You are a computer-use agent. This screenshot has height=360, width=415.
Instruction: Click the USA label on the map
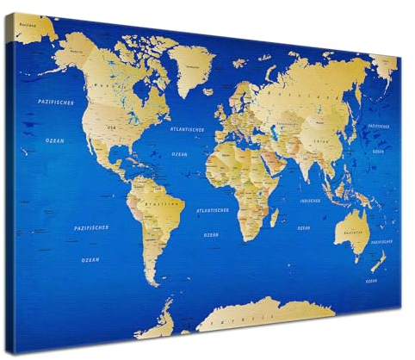point(110,127)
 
